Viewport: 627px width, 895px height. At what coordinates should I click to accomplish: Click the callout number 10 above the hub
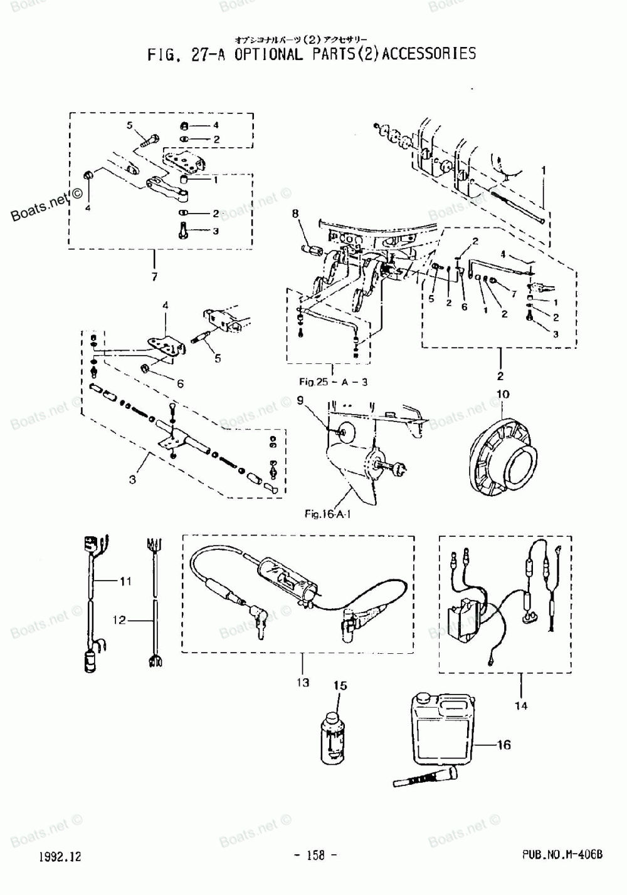click(503, 395)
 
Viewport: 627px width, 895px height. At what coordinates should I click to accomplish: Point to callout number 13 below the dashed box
click(303, 682)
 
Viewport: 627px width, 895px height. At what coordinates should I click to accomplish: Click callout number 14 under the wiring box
click(521, 706)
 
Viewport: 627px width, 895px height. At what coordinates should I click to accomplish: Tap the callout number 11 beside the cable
click(125, 581)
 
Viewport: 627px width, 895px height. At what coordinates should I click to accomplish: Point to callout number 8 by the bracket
click(295, 214)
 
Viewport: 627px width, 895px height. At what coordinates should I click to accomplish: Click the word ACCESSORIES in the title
click(429, 54)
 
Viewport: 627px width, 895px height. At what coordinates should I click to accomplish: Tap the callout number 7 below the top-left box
click(154, 276)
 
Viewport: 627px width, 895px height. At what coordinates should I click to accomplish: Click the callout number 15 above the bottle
click(340, 686)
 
